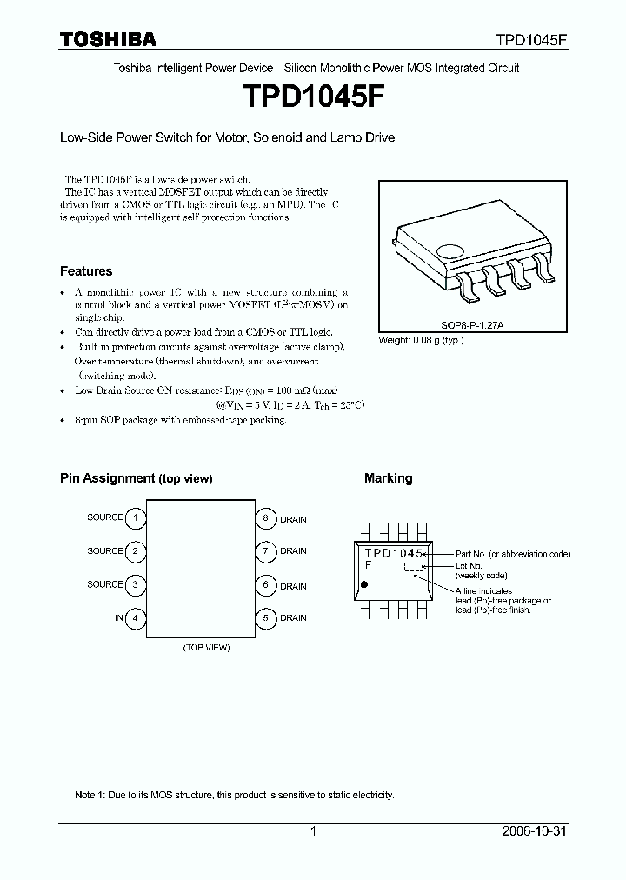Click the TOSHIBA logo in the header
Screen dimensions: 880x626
108,39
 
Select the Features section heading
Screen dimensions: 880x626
86,271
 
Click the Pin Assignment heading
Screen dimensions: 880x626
136,478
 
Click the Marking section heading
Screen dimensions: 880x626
388,478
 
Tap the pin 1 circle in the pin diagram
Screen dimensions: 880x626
135,518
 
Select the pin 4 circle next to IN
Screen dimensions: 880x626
135,618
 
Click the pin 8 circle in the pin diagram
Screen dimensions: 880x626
266,518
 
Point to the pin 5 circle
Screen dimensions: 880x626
266,618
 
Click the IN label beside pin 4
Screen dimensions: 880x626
118,618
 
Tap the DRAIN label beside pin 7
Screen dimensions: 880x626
293,551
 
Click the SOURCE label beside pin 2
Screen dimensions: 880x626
104,551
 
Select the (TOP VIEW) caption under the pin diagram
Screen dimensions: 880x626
206,648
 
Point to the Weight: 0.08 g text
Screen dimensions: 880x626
422,340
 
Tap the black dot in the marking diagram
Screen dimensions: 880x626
363,585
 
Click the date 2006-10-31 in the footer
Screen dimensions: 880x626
533,831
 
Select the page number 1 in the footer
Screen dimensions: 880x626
314,831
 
